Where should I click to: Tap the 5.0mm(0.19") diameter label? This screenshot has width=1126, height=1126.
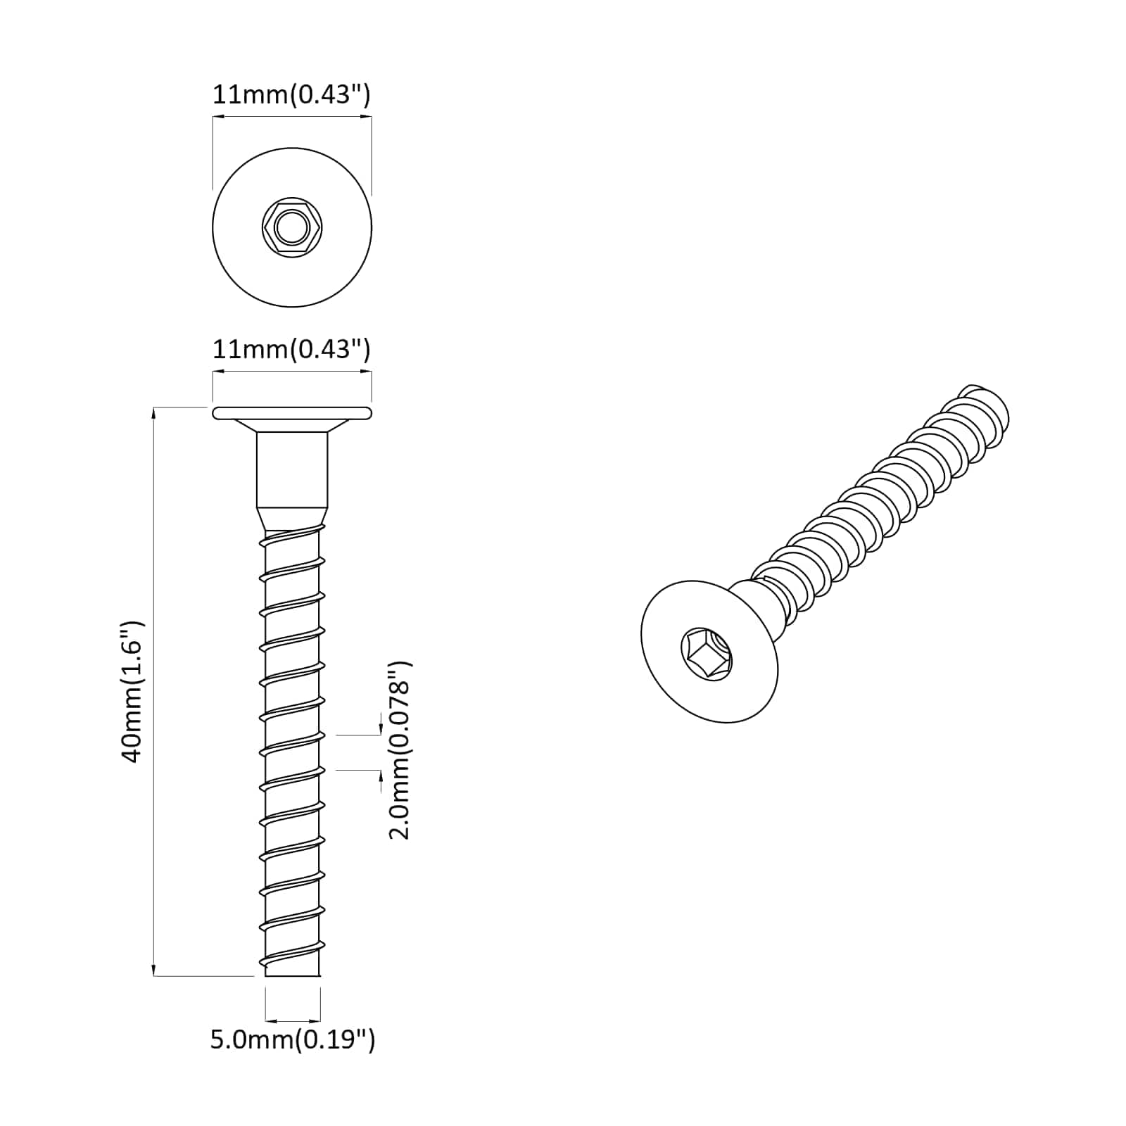pyautogui.click(x=292, y=1039)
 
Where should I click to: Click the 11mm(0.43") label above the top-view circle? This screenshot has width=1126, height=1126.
pyautogui.click(x=291, y=94)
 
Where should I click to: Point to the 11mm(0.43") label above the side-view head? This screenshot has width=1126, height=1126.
pyautogui.click(x=291, y=349)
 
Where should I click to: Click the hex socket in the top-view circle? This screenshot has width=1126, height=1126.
pyautogui.click(x=291, y=227)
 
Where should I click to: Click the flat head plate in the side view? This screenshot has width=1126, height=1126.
pyautogui.click(x=291, y=413)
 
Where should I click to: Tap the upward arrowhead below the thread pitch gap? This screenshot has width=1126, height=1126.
pyautogui.click(x=381, y=776)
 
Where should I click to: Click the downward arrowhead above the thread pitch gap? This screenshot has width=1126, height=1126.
pyautogui.click(x=381, y=728)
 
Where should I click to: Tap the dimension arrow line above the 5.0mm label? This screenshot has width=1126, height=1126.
pyautogui.click(x=292, y=1020)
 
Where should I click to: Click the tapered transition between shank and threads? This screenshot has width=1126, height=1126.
pyautogui.click(x=291, y=520)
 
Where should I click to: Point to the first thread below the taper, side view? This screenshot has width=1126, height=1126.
pyautogui.click(x=291, y=538)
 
